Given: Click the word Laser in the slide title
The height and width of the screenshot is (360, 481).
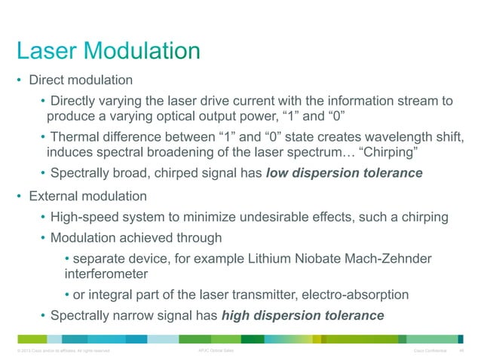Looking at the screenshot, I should [x=48, y=51].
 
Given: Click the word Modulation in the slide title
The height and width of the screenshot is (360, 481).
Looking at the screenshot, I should [x=142, y=51].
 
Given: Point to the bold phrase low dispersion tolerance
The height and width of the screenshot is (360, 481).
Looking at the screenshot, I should [x=345, y=173].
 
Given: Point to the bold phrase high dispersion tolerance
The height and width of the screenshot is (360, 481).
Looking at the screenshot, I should [x=302, y=314].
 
